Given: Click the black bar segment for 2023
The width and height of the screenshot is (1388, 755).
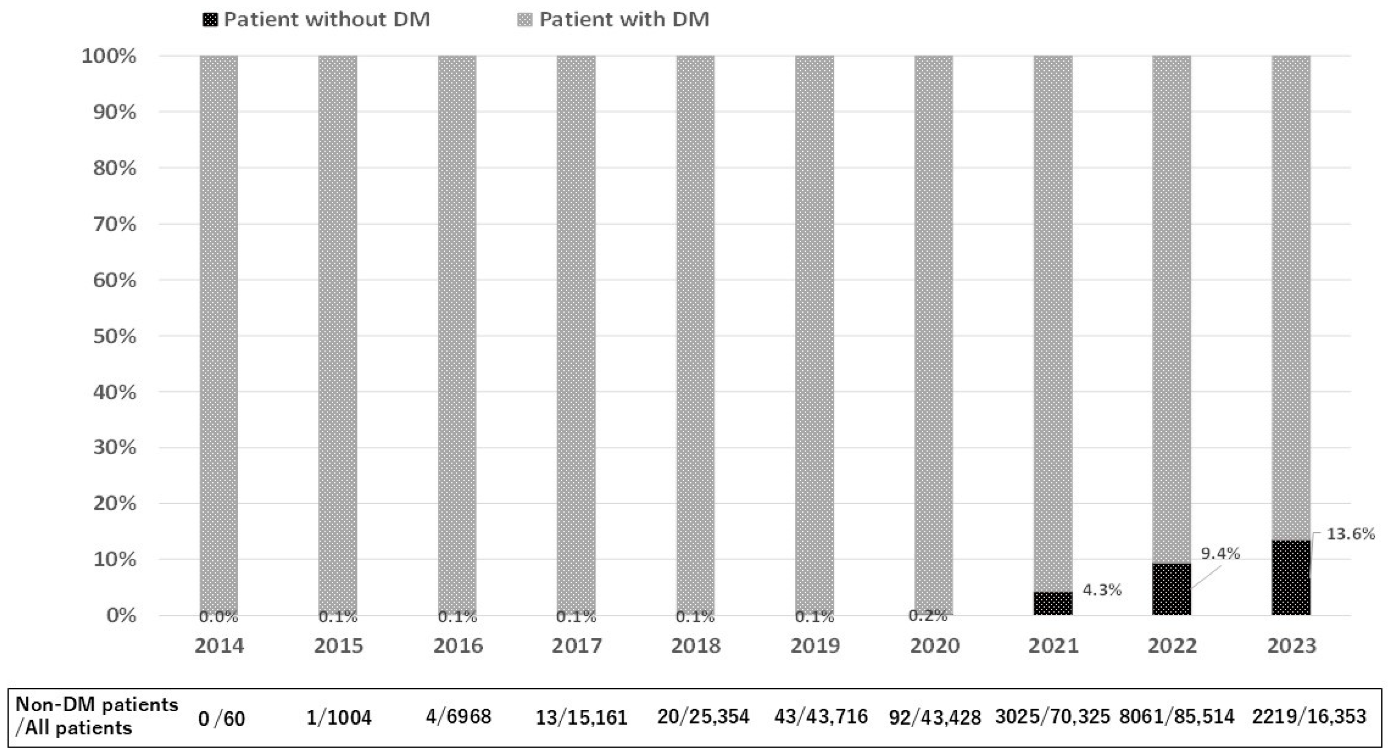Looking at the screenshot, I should point(1291,578).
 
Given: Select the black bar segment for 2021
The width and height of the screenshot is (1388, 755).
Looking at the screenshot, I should point(1053,604).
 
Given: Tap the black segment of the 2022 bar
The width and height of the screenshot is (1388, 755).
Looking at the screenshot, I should point(1172,589).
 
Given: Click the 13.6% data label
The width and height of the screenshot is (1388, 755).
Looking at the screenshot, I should point(1350,534).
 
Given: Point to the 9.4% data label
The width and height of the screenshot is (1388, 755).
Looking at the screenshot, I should point(1221,553).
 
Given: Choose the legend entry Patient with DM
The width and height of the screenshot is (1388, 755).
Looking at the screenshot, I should point(614,20).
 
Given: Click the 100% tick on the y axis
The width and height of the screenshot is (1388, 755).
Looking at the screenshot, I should point(108,56).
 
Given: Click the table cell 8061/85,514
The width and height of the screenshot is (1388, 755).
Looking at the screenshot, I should point(1177,717).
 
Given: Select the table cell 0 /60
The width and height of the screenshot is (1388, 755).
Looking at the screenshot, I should point(222,718).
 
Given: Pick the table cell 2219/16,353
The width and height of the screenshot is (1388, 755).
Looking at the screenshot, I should point(1309,717).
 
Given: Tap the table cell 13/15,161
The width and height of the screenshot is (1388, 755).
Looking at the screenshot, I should point(581,718).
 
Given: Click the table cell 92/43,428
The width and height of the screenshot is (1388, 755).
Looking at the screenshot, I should point(935,718).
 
